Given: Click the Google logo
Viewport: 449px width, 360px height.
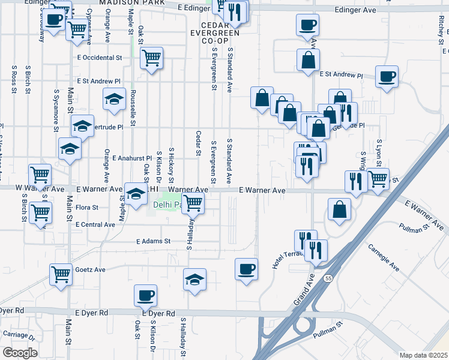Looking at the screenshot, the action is click(20, 353).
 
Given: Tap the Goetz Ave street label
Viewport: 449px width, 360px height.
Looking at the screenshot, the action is click(90, 270).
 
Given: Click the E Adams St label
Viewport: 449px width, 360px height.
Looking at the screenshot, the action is click(153, 241).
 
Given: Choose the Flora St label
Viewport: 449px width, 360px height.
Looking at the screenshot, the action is click(88, 208).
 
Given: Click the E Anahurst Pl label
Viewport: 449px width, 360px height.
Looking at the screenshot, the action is click(132, 158).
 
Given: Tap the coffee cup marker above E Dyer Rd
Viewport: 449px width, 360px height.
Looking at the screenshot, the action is click(145, 295).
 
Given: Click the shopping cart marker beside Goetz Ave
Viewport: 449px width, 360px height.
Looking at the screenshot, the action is click(61, 274).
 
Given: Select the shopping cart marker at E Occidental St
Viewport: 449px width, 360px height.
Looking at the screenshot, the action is click(152, 58).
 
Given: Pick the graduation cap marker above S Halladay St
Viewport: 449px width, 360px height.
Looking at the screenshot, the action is click(194, 280).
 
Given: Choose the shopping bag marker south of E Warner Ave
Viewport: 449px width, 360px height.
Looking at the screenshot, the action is click(339, 209).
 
